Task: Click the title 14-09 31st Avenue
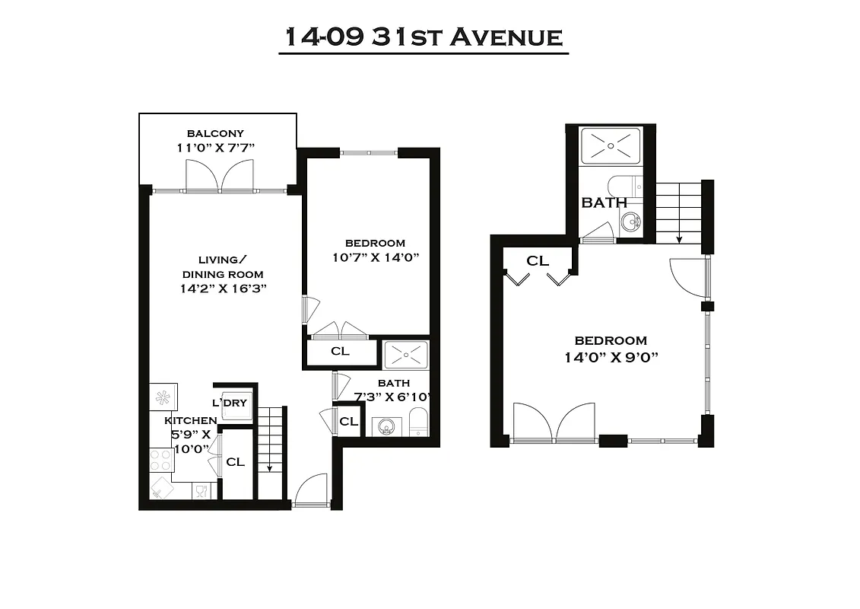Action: [x=424, y=37]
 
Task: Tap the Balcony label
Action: [x=215, y=133]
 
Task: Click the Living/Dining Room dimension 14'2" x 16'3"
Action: [x=223, y=289]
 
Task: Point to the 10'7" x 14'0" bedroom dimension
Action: [x=376, y=257]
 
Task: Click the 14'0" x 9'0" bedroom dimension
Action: [x=611, y=356]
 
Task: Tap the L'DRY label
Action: [x=230, y=403]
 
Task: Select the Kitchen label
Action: [x=191, y=420]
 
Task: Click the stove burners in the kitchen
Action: [x=160, y=460]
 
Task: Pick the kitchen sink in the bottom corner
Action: [x=161, y=488]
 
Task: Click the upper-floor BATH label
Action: [x=605, y=202]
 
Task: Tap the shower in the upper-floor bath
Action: [x=611, y=146]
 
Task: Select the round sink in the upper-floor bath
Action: [x=630, y=222]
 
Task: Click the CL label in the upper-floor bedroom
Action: [x=538, y=261]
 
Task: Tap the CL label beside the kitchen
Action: [x=236, y=461]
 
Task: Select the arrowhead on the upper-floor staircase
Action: [x=680, y=239]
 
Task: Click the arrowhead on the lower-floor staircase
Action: [x=270, y=468]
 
